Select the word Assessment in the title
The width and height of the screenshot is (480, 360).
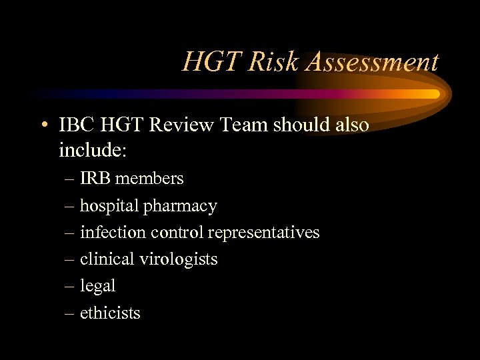pyautogui.click(x=373, y=62)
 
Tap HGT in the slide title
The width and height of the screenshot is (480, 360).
pyautogui.click(x=210, y=62)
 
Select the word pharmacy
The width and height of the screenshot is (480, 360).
pyautogui.click(x=180, y=207)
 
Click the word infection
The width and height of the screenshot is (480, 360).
pyautogui.click(x=109, y=232)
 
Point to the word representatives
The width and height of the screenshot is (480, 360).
pyautogui.click(x=264, y=233)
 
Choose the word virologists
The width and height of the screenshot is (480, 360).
pyautogui.click(x=179, y=259)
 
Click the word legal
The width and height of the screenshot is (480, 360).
pyautogui.click(x=97, y=286)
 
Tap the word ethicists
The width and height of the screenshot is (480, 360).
pyautogui.click(x=110, y=313)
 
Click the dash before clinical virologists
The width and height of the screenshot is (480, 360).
pyautogui.click(x=70, y=259)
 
